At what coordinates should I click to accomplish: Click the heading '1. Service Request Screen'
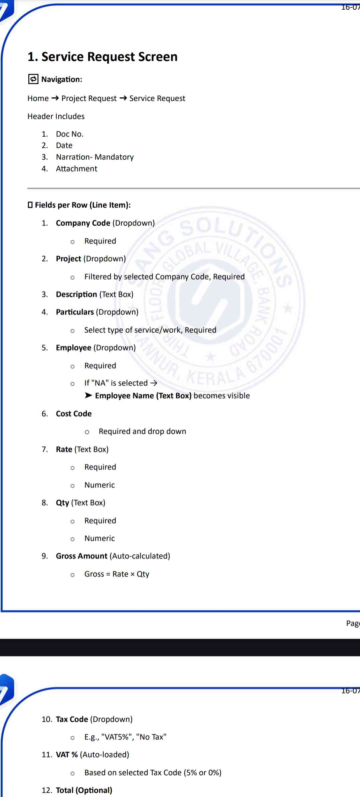click(102, 57)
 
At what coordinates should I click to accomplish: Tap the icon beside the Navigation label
click(33, 79)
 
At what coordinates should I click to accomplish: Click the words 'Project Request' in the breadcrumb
click(89, 98)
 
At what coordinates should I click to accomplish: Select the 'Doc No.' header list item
click(70, 134)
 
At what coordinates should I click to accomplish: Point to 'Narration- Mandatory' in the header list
click(95, 157)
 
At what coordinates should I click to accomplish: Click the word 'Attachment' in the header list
click(76, 169)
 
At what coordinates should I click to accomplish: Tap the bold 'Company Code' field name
click(83, 223)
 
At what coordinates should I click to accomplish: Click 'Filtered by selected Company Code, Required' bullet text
click(164, 277)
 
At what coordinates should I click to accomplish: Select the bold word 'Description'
click(76, 294)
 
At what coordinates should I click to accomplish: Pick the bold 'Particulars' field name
click(75, 312)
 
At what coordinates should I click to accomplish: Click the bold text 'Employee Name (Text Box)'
click(143, 396)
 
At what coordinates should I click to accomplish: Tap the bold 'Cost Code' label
click(74, 413)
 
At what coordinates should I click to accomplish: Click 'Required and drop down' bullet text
click(142, 431)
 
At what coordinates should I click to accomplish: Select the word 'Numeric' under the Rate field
click(99, 485)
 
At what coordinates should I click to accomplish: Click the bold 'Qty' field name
click(62, 502)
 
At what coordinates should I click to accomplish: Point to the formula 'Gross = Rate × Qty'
click(117, 574)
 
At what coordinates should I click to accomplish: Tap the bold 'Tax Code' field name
click(72, 719)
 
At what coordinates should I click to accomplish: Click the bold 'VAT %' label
click(67, 754)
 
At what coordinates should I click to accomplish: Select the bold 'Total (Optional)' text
click(84, 790)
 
